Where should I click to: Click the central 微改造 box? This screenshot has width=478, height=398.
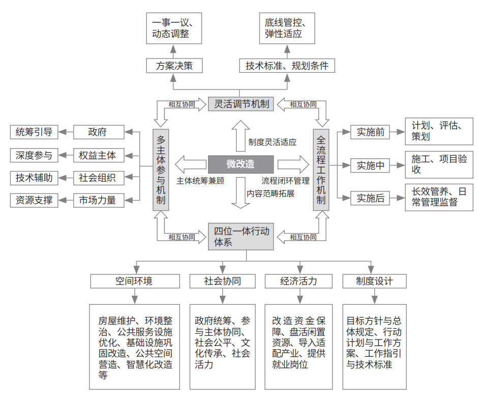pyautogui.click(x=241, y=164)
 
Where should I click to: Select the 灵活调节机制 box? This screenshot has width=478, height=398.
pyautogui.click(x=241, y=104)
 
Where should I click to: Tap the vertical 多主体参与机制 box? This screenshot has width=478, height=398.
pyautogui.click(x=161, y=170)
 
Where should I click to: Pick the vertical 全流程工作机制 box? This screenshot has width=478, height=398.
pyautogui.click(x=321, y=170)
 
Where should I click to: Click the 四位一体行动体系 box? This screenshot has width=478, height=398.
pyautogui.click(x=241, y=237)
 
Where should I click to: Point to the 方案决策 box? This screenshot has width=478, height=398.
pyautogui.click(x=174, y=66)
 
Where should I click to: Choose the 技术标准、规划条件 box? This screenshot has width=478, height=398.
pyautogui.click(x=287, y=66)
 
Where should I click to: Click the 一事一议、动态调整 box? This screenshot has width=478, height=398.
pyautogui.click(x=174, y=29)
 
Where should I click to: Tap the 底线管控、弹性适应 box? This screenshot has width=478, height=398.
pyautogui.click(x=287, y=29)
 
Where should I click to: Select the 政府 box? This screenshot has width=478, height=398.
pyautogui.click(x=99, y=132)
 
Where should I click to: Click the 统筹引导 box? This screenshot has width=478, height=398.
pyautogui.click(x=34, y=132)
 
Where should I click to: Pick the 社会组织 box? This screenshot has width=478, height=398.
pyautogui.click(x=99, y=178)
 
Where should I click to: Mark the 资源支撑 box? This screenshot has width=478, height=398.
pyautogui.click(x=34, y=201)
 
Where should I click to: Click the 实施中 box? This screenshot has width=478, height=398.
pyautogui.click(x=370, y=166)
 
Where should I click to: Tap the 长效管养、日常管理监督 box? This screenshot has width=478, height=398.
pyautogui.click(x=439, y=197)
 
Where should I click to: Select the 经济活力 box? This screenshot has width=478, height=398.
pyautogui.click(x=299, y=281)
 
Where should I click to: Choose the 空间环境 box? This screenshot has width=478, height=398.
pyautogui.click(x=135, y=281)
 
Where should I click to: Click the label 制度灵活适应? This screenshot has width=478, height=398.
pyautogui.click(x=272, y=142)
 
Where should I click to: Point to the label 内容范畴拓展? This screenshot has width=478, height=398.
pyautogui.click(x=271, y=193)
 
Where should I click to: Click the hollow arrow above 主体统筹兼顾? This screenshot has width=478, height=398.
pyautogui.click(x=191, y=164)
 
